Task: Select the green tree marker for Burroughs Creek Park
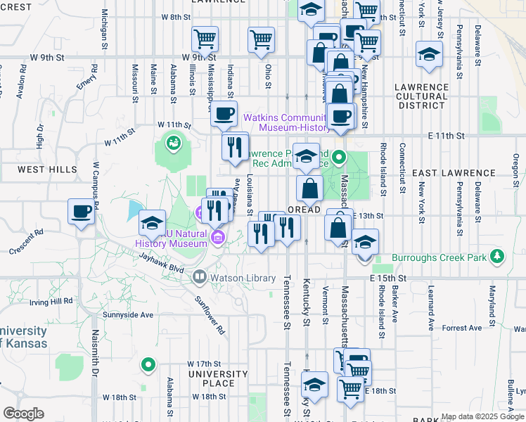coord(498,256)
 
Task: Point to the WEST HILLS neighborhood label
coord(48,170)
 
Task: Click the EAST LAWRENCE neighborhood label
coord(454,172)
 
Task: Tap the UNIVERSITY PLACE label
coord(218,378)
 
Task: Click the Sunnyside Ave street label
coord(128,315)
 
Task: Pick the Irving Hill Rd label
coord(51,302)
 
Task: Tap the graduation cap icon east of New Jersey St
coord(428,54)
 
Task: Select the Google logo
coord(23,414)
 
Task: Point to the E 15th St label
coord(386,279)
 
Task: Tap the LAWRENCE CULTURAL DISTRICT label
coord(421,96)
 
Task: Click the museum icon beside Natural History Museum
coord(218,238)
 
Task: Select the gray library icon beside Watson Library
coord(200,278)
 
